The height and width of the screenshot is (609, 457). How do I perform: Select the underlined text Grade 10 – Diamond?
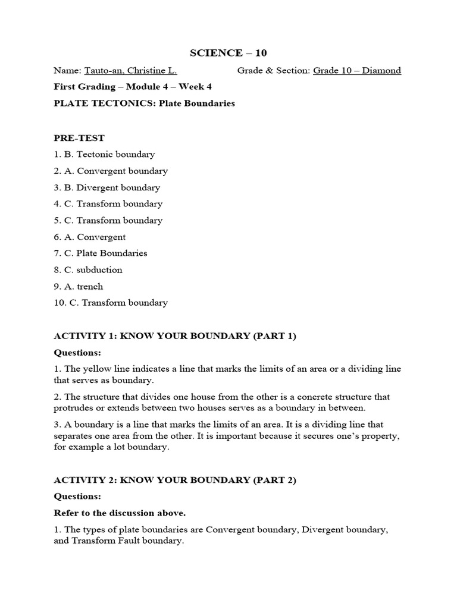tap(357, 70)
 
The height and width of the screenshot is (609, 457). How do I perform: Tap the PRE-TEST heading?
tap(79, 138)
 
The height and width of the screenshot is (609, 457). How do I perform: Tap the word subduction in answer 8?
tap(99, 270)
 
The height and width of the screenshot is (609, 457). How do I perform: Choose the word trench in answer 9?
tap(89, 286)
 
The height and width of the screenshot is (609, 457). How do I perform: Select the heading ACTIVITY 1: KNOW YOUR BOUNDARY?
tap(174, 336)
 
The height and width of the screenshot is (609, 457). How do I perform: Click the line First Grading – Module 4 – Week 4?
tap(133, 87)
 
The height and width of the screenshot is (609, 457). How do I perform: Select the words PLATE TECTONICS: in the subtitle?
tap(92, 103)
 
